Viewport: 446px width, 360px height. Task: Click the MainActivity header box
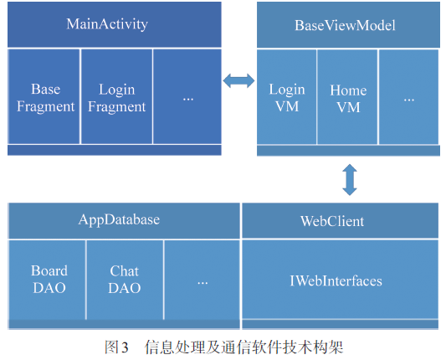[x=115, y=24]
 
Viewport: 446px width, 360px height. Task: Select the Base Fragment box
[x=44, y=96]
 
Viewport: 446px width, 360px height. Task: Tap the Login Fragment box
[x=116, y=96]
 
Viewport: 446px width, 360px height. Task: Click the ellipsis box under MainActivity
[x=187, y=96]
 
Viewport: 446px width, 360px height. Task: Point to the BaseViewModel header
[x=348, y=25]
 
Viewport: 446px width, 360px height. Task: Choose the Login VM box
[x=287, y=97]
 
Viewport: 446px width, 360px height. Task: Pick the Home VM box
[x=347, y=97]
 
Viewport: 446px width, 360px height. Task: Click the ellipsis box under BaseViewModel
[x=408, y=97]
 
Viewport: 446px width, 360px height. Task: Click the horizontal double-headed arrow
[x=238, y=81]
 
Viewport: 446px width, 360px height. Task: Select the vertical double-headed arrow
[x=350, y=179]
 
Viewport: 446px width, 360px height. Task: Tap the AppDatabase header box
[x=124, y=220]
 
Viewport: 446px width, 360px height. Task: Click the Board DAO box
[x=47, y=280]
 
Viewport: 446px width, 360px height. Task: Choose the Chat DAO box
[x=125, y=280]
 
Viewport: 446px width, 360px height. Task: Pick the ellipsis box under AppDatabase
[x=202, y=280]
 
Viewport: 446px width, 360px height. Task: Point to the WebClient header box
[x=340, y=220]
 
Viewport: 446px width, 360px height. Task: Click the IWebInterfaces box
[x=340, y=279]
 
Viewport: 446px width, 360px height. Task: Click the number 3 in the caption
[x=125, y=347]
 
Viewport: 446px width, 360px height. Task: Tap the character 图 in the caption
[x=111, y=347]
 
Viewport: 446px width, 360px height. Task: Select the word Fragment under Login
[x=116, y=107]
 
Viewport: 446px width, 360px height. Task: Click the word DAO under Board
[x=49, y=288]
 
